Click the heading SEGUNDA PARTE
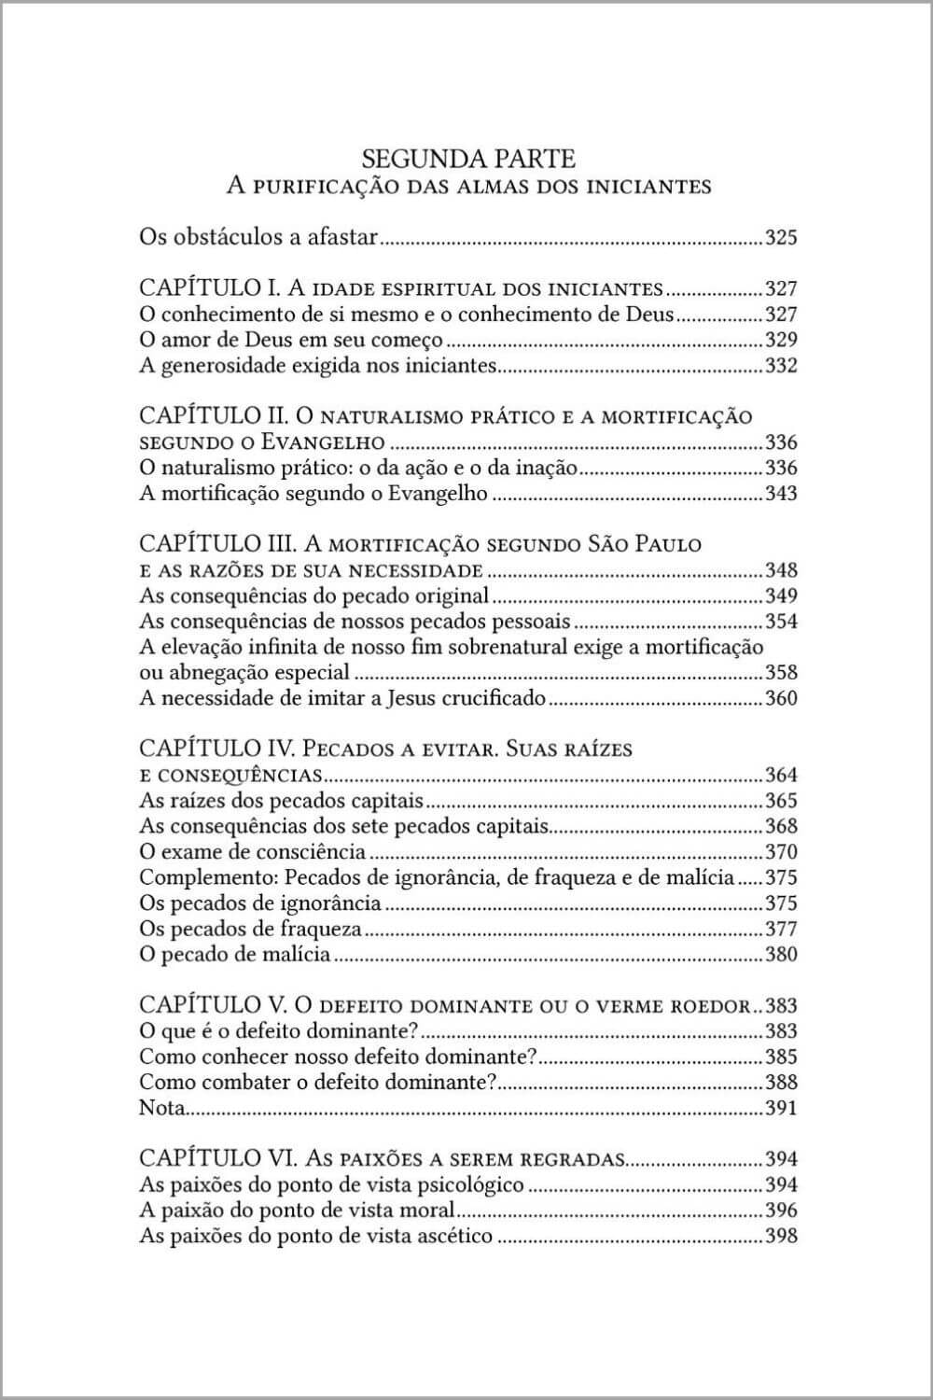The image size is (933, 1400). pyautogui.click(x=468, y=157)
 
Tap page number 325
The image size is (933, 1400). pyautogui.click(x=781, y=237)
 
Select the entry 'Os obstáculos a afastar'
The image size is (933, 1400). pyautogui.click(x=258, y=237)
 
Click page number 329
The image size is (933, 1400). pyautogui.click(x=781, y=340)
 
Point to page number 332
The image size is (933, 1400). pyautogui.click(x=781, y=366)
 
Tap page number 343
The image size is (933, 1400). pyautogui.click(x=781, y=494)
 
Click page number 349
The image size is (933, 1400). pyautogui.click(x=781, y=596)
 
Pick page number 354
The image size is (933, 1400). pyautogui.click(x=781, y=622)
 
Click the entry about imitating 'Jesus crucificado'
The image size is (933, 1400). pyautogui.click(x=342, y=698)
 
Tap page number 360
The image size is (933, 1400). pyautogui.click(x=781, y=698)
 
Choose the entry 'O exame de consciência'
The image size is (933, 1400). pyautogui.click(x=252, y=852)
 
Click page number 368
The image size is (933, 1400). pyautogui.click(x=781, y=826)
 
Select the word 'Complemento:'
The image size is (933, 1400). pyautogui.click(x=207, y=877)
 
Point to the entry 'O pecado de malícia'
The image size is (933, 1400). pyautogui.click(x=234, y=954)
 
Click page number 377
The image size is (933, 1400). pyautogui.click(x=781, y=929)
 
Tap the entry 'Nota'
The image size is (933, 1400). pyautogui.click(x=161, y=1109)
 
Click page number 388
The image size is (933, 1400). pyautogui.click(x=781, y=1083)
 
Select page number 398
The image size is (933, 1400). pyautogui.click(x=781, y=1237)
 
